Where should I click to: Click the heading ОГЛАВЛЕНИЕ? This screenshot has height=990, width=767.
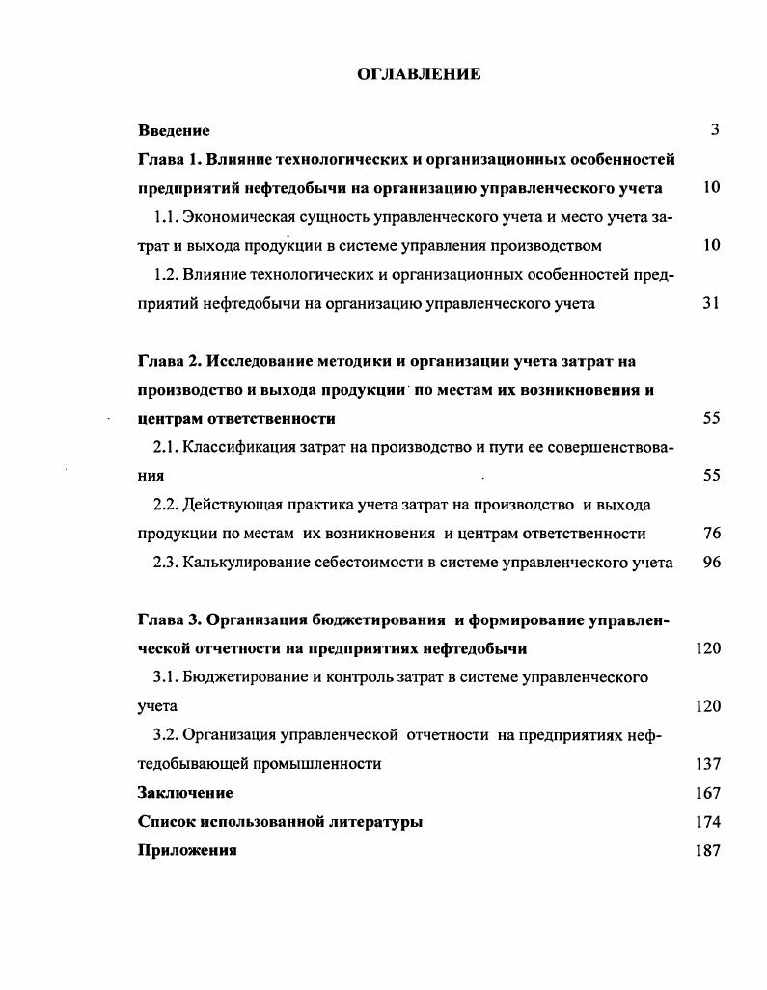pos(419,74)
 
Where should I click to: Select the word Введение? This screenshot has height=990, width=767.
pos(174,130)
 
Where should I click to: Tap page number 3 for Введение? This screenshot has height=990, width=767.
pos(715,130)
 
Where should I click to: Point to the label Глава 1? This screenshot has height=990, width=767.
pos(167,159)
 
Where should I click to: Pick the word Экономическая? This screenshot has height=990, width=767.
pos(239,217)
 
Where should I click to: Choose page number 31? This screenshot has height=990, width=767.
pos(711,303)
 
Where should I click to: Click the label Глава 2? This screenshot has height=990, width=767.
pos(167,361)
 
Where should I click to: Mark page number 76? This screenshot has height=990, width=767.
pos(711,533)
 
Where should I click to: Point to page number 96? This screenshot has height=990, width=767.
pos(711,562)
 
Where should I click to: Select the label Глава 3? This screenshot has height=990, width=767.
pos(167,619)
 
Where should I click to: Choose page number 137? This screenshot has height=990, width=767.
pos(707,764)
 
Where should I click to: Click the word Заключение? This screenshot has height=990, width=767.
pos(185,793)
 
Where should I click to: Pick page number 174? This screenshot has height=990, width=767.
pos(707,822)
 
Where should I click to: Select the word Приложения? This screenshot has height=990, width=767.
pos(187,851)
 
